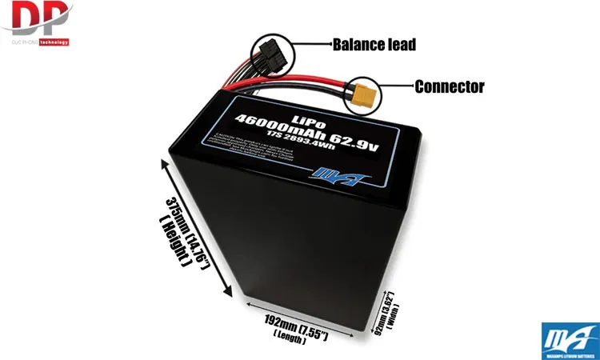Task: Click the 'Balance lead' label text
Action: pyautogui.click(x=374, y=45)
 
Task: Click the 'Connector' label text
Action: pyautogui.click(x=449, y=86)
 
